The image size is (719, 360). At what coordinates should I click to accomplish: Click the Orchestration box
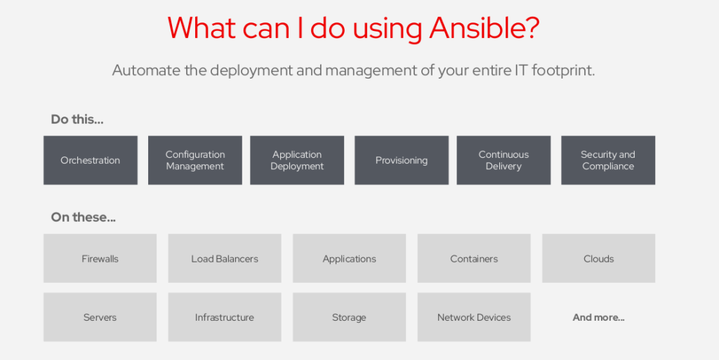pos(91,160)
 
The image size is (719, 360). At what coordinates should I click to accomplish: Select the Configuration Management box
pos(195,160)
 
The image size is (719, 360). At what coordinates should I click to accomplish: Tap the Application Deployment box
pos(297,160)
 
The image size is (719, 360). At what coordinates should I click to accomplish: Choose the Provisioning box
pos(402,160)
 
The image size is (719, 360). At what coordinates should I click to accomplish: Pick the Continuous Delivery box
pos(503,160)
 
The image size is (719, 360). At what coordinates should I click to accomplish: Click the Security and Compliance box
pos(608,160)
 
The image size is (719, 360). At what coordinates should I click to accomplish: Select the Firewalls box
pos(100,258)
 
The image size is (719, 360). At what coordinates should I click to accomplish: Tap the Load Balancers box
pos(225,258)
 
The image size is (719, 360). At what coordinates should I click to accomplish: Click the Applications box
pos(350,258)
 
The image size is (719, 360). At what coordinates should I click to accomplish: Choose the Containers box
pos(474,258)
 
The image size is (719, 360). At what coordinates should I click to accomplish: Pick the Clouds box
pos(598,258)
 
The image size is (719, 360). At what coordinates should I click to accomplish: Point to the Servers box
pos(100,317)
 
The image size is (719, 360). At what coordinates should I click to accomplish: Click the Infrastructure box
pos(225,317)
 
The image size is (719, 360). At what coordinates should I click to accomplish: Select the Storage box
pos(350,317)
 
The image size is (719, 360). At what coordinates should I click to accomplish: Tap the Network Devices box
pos(474,317)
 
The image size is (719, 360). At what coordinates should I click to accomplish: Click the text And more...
pos(598,317)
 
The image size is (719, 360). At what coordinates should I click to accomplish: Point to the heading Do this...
pos(77,119)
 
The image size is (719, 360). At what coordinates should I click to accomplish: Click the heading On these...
pos(83,217)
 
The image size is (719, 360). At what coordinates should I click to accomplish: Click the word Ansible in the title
pos(484,28)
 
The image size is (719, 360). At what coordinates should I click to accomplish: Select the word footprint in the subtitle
pos(563,71)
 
